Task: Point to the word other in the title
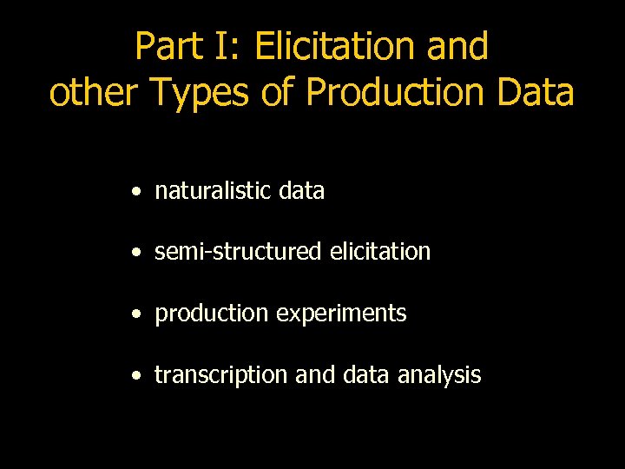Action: [x=95, y=93]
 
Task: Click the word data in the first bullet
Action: [x=301, y=191]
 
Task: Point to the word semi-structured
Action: [x=238, y=252]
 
